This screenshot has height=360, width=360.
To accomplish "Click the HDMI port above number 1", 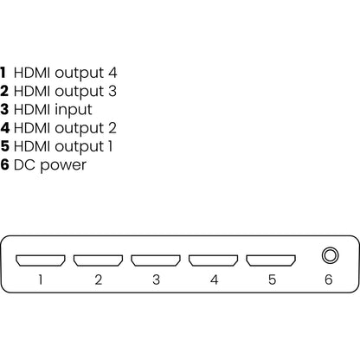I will tap(42, 259).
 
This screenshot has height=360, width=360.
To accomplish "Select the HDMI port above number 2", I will tap(99, 259).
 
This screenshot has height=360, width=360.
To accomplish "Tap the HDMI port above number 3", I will tap(156, 259).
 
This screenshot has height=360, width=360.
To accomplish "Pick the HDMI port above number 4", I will tap(214, 259).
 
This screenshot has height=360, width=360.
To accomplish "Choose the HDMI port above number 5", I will tap(271, 259).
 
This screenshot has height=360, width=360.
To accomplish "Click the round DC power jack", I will tap(329, 257).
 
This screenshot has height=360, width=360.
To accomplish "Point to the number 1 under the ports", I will tap(42, 280).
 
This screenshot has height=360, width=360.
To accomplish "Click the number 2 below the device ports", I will tap(99, 280).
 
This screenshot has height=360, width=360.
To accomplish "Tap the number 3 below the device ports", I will tap(156, 280).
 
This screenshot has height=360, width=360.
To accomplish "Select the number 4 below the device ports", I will tap(214, 280).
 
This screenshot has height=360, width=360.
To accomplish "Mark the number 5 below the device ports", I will tap(271, 280).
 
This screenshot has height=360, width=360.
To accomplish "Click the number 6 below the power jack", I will tap(329, 280).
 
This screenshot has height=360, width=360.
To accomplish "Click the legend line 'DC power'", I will tap(51, 164).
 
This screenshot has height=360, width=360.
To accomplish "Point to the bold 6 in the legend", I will tap(5, 164).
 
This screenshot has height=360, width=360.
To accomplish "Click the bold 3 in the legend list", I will tap(5, 110).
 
